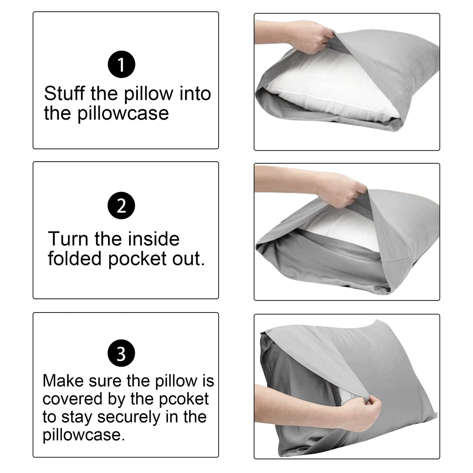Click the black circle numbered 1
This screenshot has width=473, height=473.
tap(121, 65)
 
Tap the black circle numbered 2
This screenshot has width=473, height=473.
tap(121, 205)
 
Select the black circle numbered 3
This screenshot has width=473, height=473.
tap(121, 354)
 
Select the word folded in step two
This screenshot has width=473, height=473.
tap(75, 258)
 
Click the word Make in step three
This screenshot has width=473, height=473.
tap(63, 381)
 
